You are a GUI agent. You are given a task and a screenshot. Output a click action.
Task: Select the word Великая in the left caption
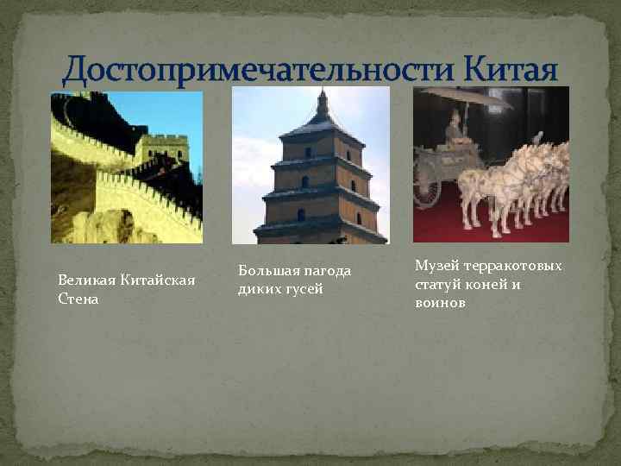coord(84,280)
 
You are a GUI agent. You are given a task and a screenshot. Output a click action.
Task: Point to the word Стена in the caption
coord(78,299)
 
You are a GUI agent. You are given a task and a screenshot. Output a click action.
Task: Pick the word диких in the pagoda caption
coord(258,289)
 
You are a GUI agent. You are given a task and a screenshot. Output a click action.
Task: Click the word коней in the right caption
coord(488,284)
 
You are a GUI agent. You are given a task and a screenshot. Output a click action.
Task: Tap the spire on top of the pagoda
coord(322,104)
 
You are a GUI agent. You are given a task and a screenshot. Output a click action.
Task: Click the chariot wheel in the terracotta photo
coord(426,186)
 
